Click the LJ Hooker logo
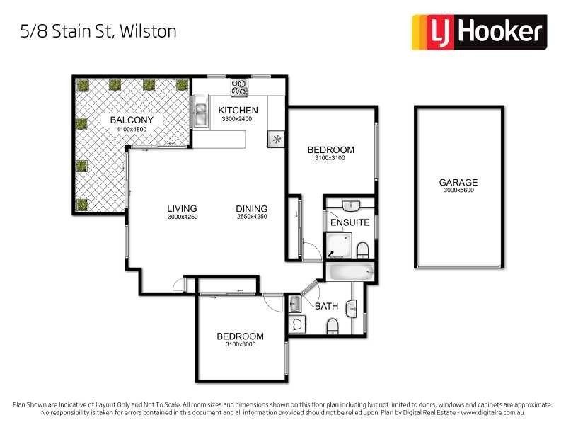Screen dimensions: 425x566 (x=479, y=32)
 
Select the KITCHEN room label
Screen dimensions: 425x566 (x=238, y=110)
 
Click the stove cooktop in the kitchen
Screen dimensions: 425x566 (x=239, y=87)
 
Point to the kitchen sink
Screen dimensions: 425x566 (x=201, y=114)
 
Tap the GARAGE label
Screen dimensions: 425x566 (x=458, y=182)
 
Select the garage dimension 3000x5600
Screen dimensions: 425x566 (x=458, y=191)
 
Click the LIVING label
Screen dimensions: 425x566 (x=182, y=209)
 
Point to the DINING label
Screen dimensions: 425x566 (x=251, y=209)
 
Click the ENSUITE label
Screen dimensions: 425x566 (x=350, y=222)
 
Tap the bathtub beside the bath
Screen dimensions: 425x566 (x=350, y=271)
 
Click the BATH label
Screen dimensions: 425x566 (x=326, y=307)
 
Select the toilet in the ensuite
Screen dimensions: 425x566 (x=362, y=250)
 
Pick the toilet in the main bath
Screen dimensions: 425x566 (x=332, y=326)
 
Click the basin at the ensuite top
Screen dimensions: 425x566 (x=351, y=205)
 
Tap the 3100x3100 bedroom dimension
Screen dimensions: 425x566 (x=330, y=159)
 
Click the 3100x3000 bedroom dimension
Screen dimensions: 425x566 (x=240, y=345)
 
